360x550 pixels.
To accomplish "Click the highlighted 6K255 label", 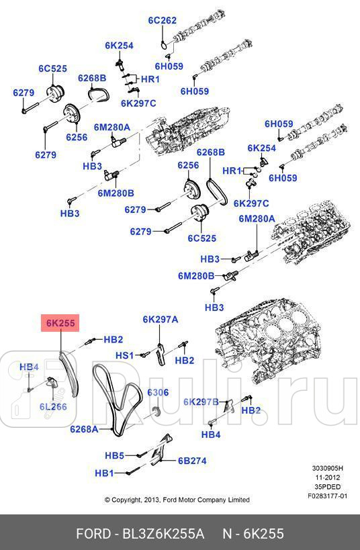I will click(x=60, y=324).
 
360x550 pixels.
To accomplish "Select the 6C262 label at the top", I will click(x=162, y=20).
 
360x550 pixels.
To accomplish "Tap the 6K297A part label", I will click(x=160, y=320).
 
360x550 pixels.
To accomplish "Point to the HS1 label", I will click(x=124, y=355).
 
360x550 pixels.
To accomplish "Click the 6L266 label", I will click(x=52, y=406).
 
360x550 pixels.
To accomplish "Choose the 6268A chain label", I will click(x=85, y=428).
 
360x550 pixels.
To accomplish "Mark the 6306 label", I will click(x=157, y=392).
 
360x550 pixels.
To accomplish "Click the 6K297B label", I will click(x=201, y=402).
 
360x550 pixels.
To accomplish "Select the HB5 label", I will click(x=114, y=455).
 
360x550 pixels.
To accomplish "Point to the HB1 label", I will click(x=104, y=473).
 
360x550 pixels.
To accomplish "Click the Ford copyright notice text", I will click(x=177, y=500).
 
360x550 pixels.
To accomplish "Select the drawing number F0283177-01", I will click(x=328, y=496).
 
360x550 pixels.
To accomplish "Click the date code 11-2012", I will click(x=328, y=478).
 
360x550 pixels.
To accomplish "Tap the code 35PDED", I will click(x=328, y=487).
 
